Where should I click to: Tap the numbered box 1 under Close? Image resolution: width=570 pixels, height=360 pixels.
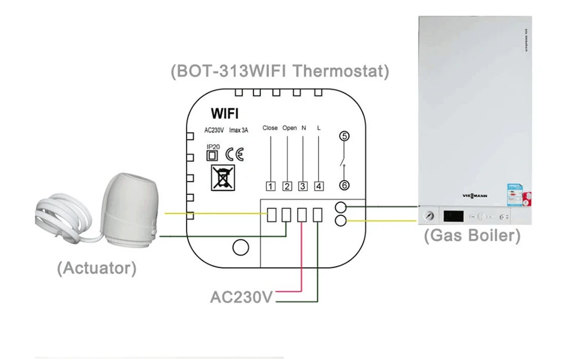pos(271,186)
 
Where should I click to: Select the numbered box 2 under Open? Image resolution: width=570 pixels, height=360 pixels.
pos(287,186)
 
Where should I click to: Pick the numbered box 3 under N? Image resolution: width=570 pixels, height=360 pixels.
pos(302,186)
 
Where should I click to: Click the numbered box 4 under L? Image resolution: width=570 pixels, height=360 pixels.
pos(319,186)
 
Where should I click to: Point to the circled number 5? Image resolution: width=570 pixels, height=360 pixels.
pos(344,136)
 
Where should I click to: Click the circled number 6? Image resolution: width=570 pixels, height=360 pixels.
pos(344,185)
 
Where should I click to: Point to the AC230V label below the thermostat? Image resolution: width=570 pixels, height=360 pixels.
pos(242,297)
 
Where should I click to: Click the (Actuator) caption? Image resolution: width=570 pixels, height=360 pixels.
pos(97,268)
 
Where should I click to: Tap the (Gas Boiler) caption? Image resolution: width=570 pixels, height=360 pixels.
pos(472,235)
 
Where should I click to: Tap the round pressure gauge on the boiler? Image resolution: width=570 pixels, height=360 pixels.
pos(429,216)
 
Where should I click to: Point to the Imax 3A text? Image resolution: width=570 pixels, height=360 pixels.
pos(238,130)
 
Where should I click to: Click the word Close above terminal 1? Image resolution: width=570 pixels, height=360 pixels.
pos(270,128)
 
